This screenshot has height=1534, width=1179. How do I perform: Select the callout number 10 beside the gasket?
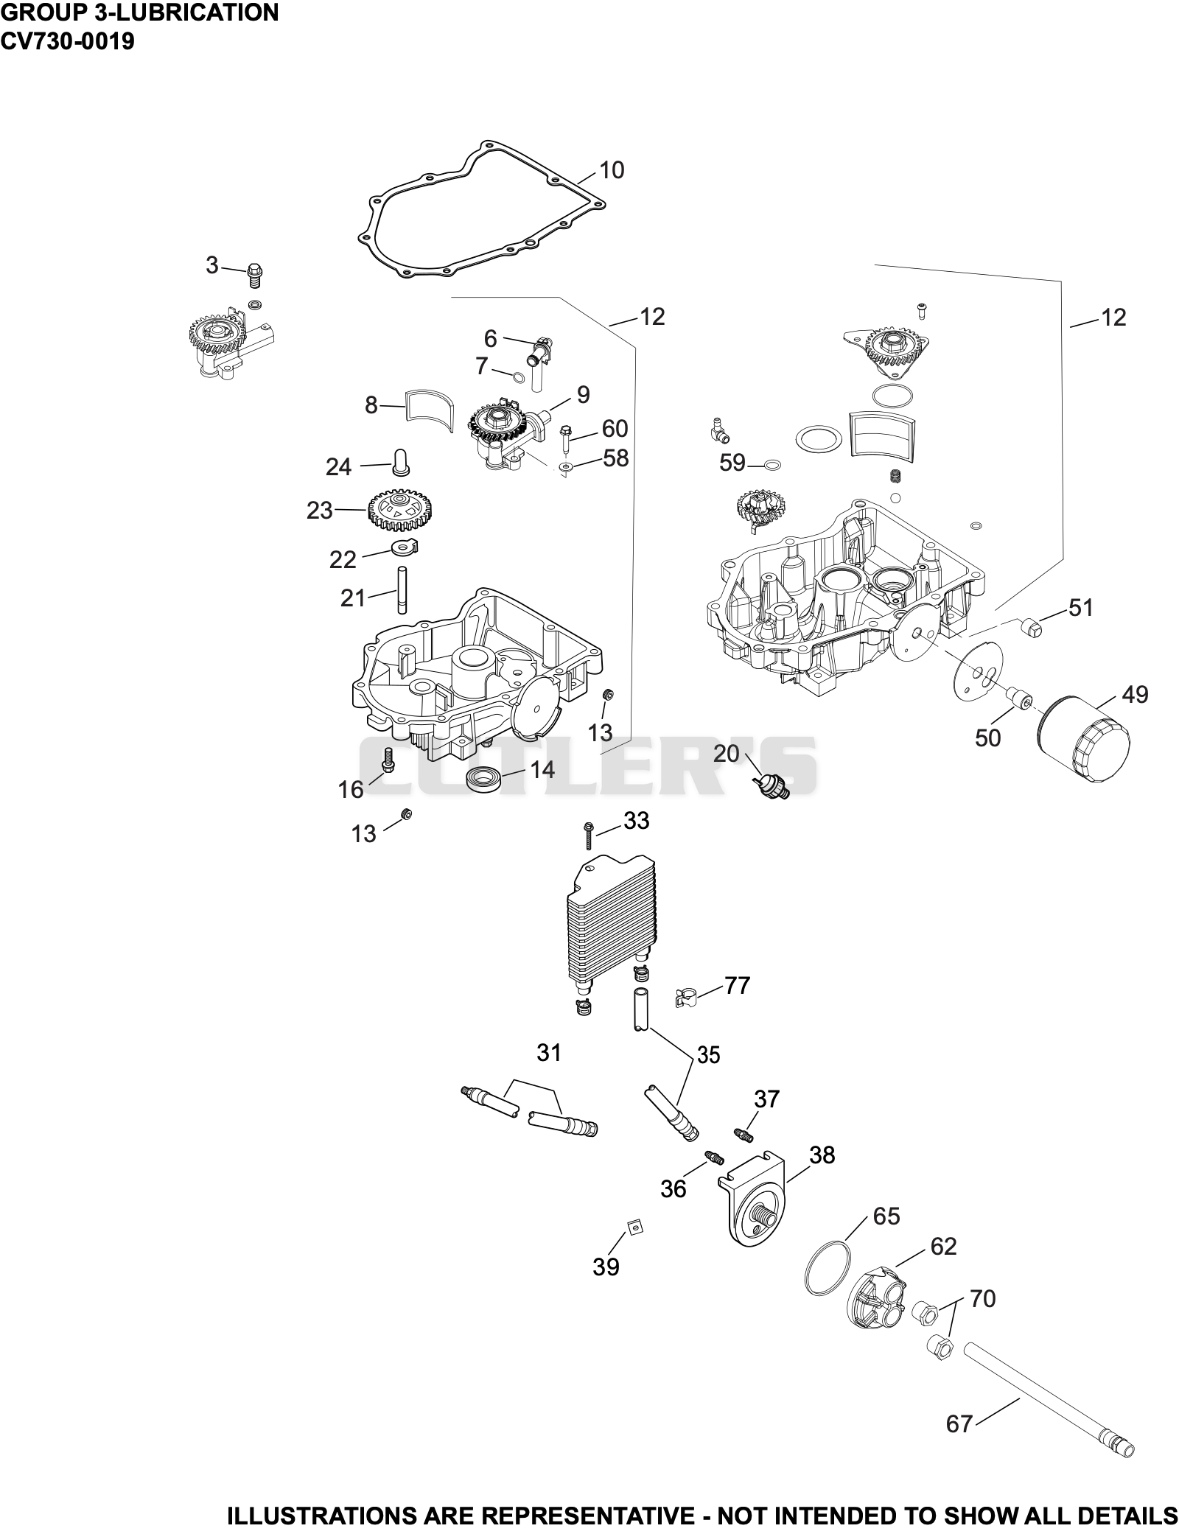tap(612, 170)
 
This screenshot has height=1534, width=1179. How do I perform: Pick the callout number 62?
tap(943, 1246)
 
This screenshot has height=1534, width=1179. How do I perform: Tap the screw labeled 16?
tap(387, 760)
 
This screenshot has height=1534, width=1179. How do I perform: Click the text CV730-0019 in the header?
tap(68, 41)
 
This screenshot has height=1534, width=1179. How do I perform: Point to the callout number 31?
tap(549, 1053)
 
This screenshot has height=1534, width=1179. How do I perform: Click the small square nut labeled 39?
tap(633, 1225)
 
